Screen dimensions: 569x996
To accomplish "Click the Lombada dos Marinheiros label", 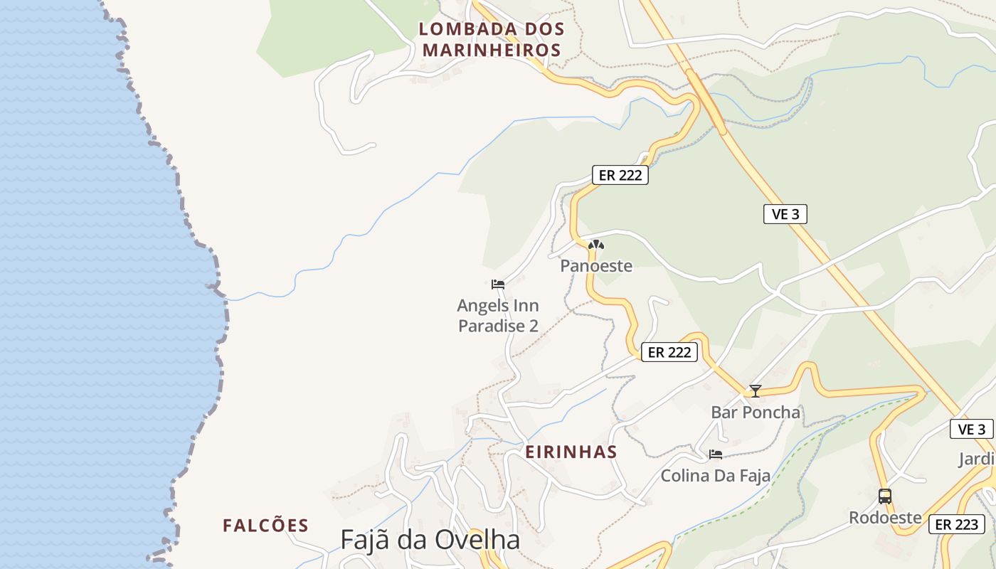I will [x=491, y=40].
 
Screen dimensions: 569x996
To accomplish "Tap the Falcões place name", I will [x=265, y=526].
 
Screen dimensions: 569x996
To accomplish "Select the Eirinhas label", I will [x=571, y=452].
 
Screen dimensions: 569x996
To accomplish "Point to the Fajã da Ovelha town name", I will [x=430, y=540].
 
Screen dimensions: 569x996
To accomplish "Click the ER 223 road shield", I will [x=957, y=524].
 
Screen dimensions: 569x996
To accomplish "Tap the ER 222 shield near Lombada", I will [x=620, y=175].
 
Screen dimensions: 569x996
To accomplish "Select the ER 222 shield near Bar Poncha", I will [x=669, y=351].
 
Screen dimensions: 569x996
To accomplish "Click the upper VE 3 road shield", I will [x=785, y=214].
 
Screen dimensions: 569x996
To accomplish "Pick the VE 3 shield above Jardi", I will [x=971, y=429].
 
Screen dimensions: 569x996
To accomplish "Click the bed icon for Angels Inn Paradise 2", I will [x=498, y=284].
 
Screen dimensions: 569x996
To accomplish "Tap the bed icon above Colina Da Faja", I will [x=716, y=454].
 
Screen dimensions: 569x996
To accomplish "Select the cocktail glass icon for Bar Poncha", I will [x=756, y=391].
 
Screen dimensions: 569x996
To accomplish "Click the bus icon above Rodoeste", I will [x=885, y=496].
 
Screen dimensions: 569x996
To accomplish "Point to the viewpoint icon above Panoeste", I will [x=596, y=245].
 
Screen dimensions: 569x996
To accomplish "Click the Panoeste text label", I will [x=596, y=266].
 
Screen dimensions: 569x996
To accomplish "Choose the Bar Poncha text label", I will [x=756, y=413].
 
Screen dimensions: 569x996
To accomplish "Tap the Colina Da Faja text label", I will [x=716, y=476].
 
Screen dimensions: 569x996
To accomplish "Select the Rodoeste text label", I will [x=885, y=518].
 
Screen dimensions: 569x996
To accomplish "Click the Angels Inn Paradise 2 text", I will [x=498, y=316].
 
